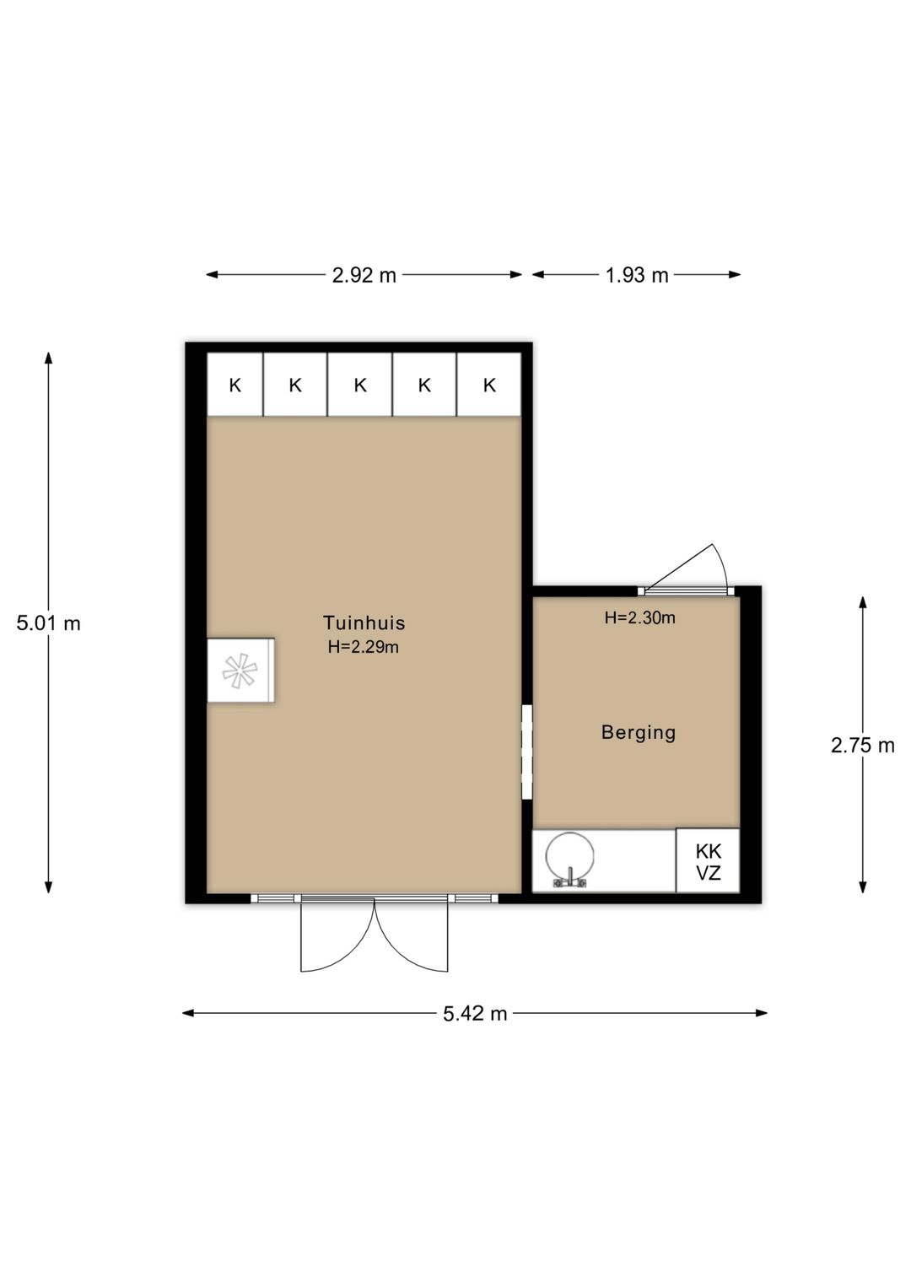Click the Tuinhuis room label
click(364, 623)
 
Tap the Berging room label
click(639, 732)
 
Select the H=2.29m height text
click(363, 648)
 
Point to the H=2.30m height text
click(639, 617)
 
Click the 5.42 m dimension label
click(475, 1013)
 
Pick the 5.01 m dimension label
click(49, 623)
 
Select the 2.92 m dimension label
click(364, 275)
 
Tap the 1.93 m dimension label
click(636, 275)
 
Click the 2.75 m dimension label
click(862, 745)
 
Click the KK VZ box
click(708, 861)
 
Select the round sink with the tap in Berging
click(569, 859)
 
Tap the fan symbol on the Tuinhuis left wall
click(240, 671)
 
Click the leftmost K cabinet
click(235, 385)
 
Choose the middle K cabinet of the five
click(359, 385)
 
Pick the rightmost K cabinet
click(489, 385)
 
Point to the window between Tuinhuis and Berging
click(527, 752)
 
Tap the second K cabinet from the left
click(295, 385)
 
